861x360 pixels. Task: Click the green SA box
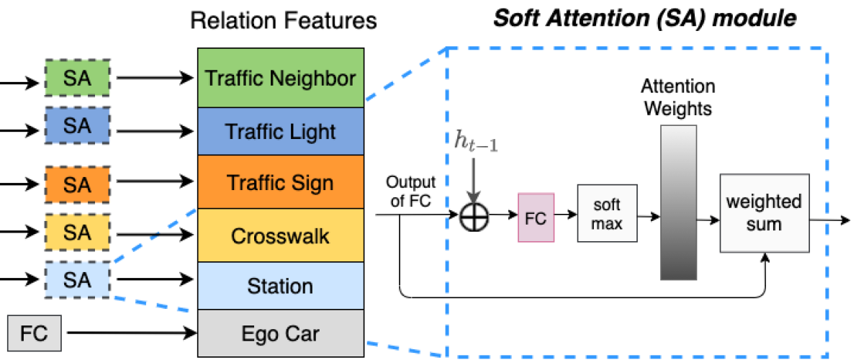click(x=77, y=78)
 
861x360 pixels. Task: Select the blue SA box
click(x=77, y=125)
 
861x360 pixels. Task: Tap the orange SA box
click(x=77, y=185)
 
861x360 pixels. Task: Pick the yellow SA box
click(x=77, y=232)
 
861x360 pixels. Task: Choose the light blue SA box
click(x=77, y=279)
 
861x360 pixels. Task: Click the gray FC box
click(x=34, y=334)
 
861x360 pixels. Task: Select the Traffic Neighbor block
click(x=280, y=78)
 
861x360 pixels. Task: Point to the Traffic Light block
click(x=280, y=132)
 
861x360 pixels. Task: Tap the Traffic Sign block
click(x=280, y=182)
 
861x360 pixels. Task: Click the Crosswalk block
click(x=280, y=235)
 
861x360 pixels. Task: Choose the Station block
click(x=280, y=286)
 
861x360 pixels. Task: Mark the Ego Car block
click(x=280, y=333)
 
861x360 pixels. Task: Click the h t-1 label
click(x=476, y=141)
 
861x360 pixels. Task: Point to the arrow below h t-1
click(x=473, y=180)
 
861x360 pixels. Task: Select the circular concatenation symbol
click(x=474, y=217)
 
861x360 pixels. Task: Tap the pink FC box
click(x=536, y=217)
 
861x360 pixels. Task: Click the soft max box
click(x=606, y=214)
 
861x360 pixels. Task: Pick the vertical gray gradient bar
click(x=678, y=202)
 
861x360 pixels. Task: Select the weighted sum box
click(x=764, y=212)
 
